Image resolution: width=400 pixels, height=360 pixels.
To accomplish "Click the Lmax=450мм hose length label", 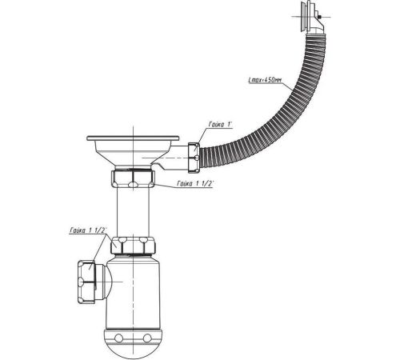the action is tap(265, 80).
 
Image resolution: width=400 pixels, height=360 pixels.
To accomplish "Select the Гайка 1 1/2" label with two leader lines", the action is tap(88, 230).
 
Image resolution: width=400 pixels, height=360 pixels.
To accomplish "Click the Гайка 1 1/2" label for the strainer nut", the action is tap(195, 183).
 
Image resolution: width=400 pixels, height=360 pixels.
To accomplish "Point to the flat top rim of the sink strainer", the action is tap(133, 138).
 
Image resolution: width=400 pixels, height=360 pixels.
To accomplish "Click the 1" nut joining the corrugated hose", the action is tap(194, 158).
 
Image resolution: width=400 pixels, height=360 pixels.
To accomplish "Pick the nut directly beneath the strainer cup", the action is tap(133, 179).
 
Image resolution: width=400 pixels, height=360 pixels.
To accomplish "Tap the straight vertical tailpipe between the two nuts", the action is tap(133, 212).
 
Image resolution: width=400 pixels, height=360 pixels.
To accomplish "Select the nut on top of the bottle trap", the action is tap(133, 246).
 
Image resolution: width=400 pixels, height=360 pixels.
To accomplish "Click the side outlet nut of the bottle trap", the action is tap(86, 282).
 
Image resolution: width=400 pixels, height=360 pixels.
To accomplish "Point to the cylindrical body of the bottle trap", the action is tap(134, 292).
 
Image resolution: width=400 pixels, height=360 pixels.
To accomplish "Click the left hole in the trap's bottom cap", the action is tap(118, 338).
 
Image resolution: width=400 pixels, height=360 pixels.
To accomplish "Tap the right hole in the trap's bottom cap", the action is tap(147, 338).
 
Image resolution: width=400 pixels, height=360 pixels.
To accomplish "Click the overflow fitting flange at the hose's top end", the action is tap(304, 17).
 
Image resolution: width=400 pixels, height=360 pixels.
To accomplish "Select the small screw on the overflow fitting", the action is tap(320, 17).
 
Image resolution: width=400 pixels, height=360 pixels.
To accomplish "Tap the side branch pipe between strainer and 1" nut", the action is tap(174, 158).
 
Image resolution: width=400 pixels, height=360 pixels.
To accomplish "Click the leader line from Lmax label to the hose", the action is tap(288, 86).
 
